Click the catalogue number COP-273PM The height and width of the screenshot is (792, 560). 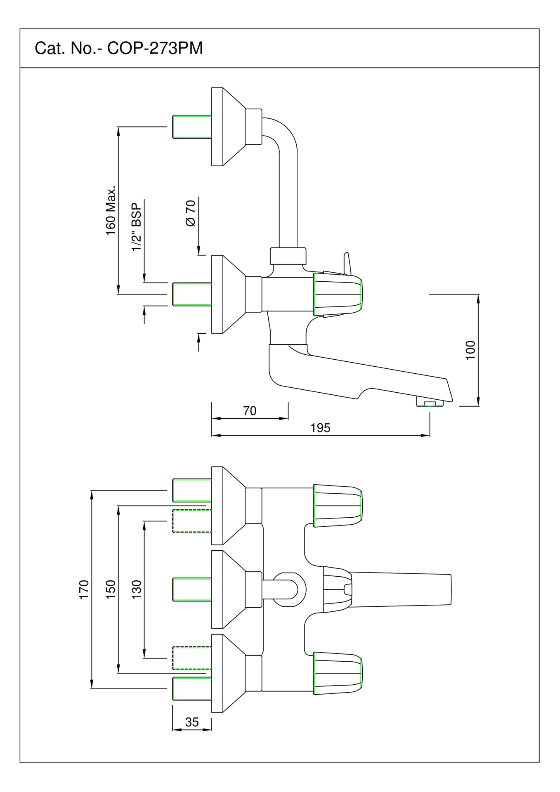tap(155, 49)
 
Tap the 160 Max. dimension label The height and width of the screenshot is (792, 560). tap(111, 210)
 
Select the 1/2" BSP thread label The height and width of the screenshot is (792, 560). tap(137, 226)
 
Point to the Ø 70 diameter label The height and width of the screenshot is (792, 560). tap(191, 213)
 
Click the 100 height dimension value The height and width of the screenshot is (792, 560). tap(470, 350)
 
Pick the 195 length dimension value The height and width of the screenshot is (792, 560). tap(320, 428)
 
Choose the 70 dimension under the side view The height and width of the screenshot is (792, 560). tap(250, 411)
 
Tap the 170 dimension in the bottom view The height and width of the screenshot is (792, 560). tap(84, 589)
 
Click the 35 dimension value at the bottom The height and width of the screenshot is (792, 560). tap(192, 722)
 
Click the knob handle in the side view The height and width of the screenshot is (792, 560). tap(338, 294)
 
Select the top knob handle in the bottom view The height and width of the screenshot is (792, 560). tap(338, 505)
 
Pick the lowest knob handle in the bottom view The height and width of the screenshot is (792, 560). tap(338, 673)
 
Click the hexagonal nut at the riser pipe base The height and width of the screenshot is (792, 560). tap(288, 256)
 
